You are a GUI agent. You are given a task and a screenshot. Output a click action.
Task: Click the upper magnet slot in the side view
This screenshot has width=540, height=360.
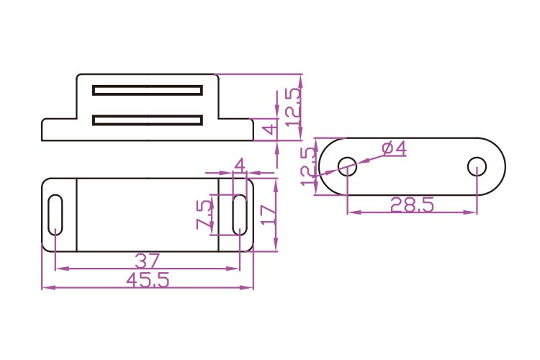tap(148, 90)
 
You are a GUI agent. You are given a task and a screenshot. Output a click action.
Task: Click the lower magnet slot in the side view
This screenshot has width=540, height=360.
tap(148, 120)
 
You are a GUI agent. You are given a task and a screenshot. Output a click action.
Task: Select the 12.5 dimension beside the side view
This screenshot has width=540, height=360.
tap(294, 107)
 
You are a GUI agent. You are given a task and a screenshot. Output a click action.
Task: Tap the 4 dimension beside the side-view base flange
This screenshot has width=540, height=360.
tap(270, 129)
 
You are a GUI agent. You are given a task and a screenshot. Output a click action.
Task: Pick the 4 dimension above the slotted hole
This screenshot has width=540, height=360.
tap(240, 165)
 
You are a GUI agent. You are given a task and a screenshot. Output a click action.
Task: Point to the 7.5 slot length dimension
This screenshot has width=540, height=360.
tap(204, 215)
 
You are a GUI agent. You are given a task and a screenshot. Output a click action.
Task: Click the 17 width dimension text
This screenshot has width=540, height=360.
tap(268, 215)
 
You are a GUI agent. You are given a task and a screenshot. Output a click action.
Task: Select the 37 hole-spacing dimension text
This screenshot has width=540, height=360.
tap(147, 261)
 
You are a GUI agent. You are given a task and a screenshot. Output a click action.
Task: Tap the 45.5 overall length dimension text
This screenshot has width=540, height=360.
tap(148, 280)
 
